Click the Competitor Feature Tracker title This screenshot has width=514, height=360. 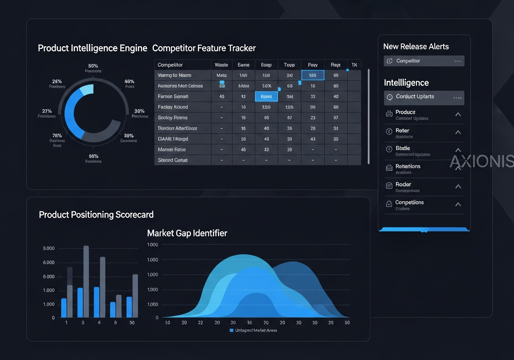[204, 48]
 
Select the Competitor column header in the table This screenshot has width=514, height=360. [170, 65]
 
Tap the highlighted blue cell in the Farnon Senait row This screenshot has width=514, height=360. [266, 96]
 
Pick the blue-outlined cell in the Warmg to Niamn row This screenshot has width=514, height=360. [313, 75]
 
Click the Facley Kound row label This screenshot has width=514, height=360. [173, 107]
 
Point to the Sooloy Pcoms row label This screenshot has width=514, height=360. [173, 118]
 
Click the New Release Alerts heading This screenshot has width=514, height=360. [416, 47]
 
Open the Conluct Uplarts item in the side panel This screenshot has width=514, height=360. [415, 97]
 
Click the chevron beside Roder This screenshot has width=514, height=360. [458, 186]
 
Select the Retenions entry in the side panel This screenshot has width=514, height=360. [408, 166]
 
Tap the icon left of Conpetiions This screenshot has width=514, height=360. [389, 204]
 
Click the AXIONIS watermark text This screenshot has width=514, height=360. [481, 162]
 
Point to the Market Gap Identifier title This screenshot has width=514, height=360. [187, 233]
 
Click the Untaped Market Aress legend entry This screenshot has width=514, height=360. [253, 330]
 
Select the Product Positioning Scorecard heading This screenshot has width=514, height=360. [96, 215]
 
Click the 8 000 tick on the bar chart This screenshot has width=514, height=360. [48, 249]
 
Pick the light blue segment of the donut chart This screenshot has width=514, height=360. [87, 90]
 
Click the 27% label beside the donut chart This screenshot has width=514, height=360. [47, 111]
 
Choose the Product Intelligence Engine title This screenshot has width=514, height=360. [92, 48]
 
